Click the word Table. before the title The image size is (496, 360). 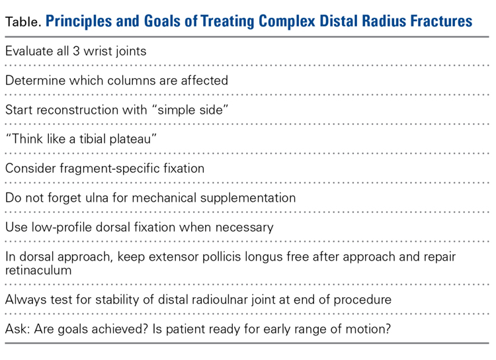click(23, 22)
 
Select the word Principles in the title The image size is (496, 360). click(79, 22)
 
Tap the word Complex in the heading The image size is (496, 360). click(287, 22)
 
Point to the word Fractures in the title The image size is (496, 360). click(441, 21)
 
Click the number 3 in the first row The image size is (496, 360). click(76, 52)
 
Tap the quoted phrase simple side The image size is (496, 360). click(190, 110)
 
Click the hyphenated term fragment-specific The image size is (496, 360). click(110, 169)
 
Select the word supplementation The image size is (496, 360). click(248, 199)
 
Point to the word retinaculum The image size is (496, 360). click(38, 271)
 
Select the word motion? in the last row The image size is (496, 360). click(368, 329)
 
